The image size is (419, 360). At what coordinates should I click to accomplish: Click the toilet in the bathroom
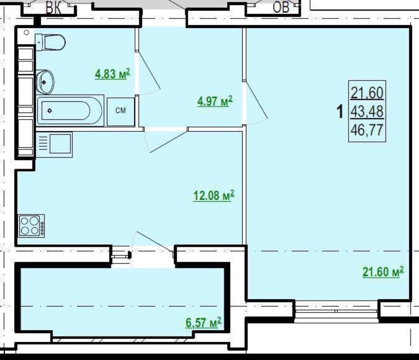pos(50,42)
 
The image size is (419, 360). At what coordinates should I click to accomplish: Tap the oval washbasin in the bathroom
pos(45,82)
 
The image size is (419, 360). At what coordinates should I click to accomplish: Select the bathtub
pos(70,111)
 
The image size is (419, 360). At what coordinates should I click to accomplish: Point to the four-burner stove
pos(31,226)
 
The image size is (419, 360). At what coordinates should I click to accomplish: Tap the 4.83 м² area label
pos(113,73)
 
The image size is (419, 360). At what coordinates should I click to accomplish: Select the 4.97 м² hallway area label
pos(215,101)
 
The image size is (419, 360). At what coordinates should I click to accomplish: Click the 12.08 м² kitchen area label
pos(214,196)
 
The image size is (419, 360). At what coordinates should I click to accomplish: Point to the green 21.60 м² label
pos(383,272)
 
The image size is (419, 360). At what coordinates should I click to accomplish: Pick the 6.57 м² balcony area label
pos(203,323)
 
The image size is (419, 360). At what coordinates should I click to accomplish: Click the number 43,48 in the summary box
pos(367,112)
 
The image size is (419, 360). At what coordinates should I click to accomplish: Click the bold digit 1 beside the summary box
pos(340,111)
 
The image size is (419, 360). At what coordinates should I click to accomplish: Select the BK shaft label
pos(53,7)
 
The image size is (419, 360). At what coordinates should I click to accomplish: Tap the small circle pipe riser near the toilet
pos(26,32)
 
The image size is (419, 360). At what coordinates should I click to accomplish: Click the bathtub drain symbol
pos(50,111)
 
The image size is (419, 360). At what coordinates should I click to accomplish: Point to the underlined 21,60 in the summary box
pos(367,93)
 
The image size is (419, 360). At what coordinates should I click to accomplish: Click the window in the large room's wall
pos(336,311)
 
